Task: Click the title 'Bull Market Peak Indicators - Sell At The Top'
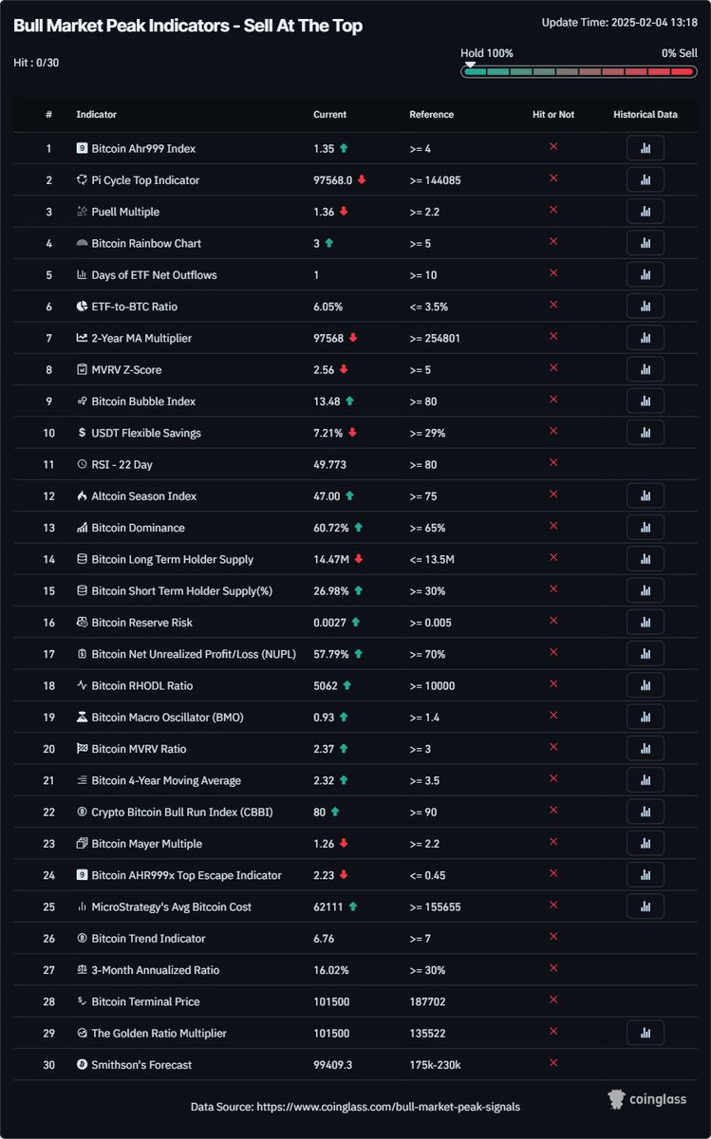tap(188, 27)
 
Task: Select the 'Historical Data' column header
tap(645, 115)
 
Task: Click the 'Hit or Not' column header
tap(552, 115)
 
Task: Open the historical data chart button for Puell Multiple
tap(645, 212)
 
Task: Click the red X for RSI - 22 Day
tap(553, 462)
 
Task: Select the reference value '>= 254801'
tap(435, 338)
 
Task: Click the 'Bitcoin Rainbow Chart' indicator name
tap(146, 244)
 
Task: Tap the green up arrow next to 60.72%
tap(358, 528)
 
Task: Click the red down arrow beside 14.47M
tap(359, 559)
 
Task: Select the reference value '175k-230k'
tap(435, 1065)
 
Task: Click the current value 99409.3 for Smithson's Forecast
tap(333, 1065)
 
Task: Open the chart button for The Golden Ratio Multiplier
tap(645, 1033)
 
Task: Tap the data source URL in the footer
tap(355, 1107)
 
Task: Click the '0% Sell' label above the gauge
tap(679, 54)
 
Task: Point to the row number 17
tap(48, 654)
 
